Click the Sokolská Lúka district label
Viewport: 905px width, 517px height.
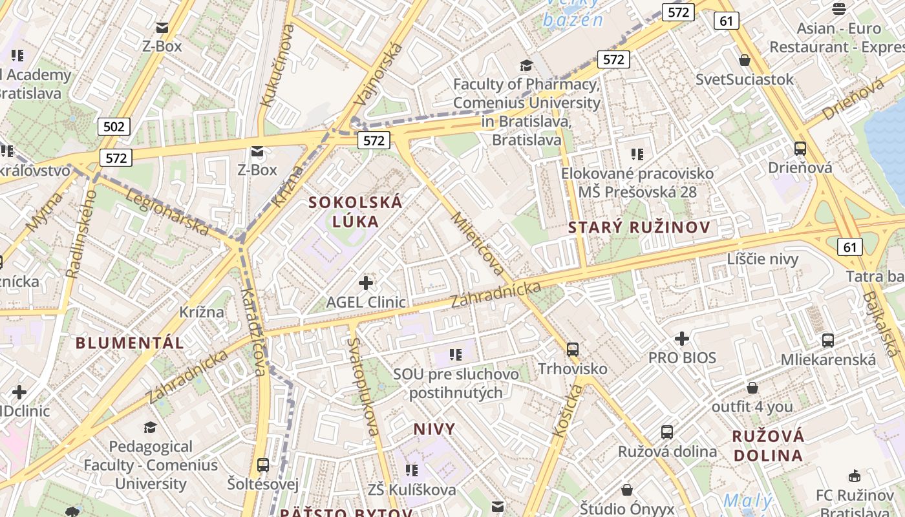[x=355, y=211]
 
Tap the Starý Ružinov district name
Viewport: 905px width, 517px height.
[x=639, y=227]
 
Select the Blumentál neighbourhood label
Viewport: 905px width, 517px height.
[x=130, y=343]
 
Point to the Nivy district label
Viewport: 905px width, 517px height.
[x=434, y=428]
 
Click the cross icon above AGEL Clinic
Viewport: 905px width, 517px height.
[x=366, y=282]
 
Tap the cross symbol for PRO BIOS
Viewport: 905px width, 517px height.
[x=682, y=338]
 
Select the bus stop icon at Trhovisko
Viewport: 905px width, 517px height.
[x=573, y=349]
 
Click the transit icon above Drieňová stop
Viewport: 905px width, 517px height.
[x=800, y=148]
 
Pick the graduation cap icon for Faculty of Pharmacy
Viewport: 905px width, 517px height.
[x=526, y=65]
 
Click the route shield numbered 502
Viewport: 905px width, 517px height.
[x=114, y=126]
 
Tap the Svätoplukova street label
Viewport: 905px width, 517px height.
[x=363, y=386]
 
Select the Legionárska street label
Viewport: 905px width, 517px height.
[x=167, y=212]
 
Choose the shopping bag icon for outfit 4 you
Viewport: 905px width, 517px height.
[x=752, y=388]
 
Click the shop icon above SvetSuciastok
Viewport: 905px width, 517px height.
[x=745, y=60]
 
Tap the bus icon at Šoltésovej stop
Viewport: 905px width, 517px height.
[x=262, y=465]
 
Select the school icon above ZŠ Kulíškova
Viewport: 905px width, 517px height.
[x=411, y=470]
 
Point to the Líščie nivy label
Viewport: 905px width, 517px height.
[x=763, y=259]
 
